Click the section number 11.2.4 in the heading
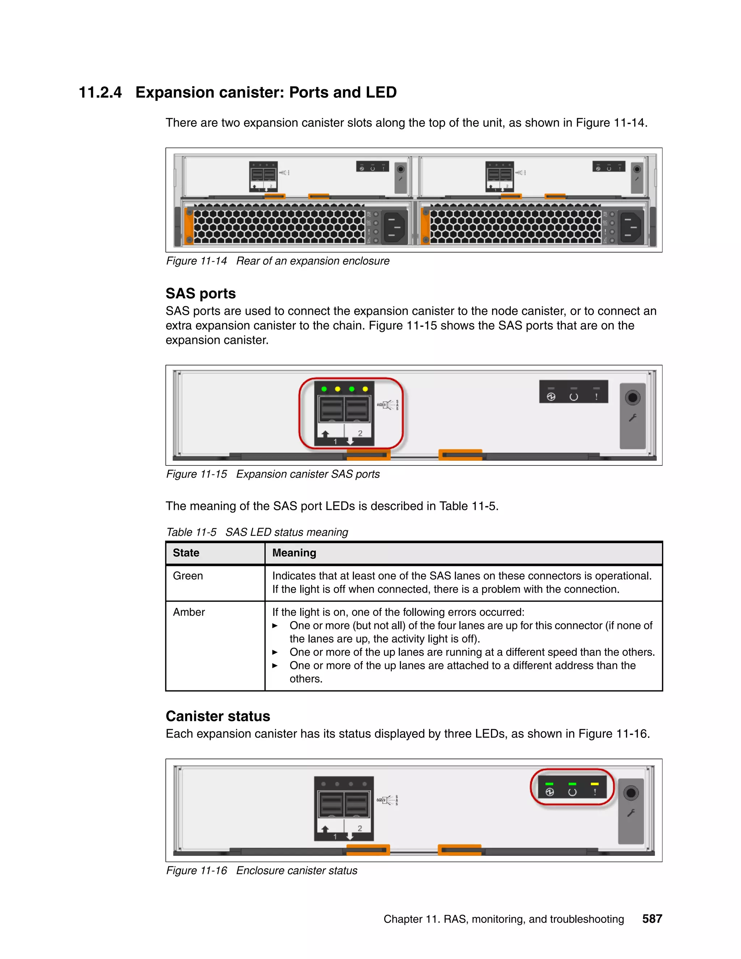point(100,93)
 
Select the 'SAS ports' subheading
point(200,293)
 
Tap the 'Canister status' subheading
point(217,716)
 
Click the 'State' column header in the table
point(186,553)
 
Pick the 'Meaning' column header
point(294,553)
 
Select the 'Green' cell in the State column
point(187,576)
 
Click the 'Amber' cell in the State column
point(189,612)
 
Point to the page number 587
point(652,918)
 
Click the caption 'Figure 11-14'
point(196,261)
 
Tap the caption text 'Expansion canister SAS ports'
point(308,474)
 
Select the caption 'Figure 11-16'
point(196,870)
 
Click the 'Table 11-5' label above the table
point(191,532)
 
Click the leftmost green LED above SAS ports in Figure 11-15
point(324,389)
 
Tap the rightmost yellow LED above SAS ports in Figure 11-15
point(365,389)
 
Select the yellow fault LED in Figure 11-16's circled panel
point(595,784)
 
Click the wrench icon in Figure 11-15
point(632,418)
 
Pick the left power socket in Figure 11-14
point(395,227)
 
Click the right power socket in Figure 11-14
point(631,227)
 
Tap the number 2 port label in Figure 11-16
point(360,828)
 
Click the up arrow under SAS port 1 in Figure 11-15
point(325,434)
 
